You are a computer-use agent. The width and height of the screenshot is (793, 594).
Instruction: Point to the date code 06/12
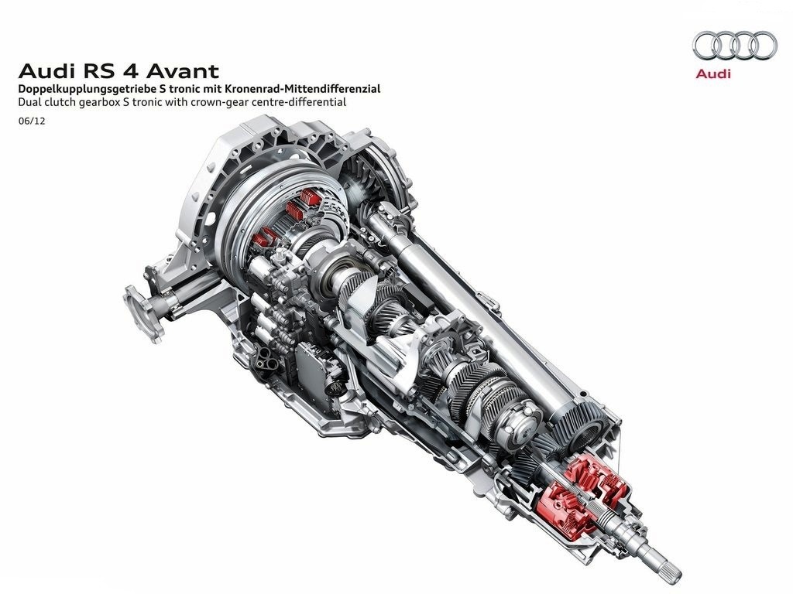click(31, 121)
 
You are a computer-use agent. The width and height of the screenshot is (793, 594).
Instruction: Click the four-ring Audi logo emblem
click(734, 46)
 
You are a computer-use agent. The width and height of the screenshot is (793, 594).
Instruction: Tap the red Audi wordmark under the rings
click(713, 73)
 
